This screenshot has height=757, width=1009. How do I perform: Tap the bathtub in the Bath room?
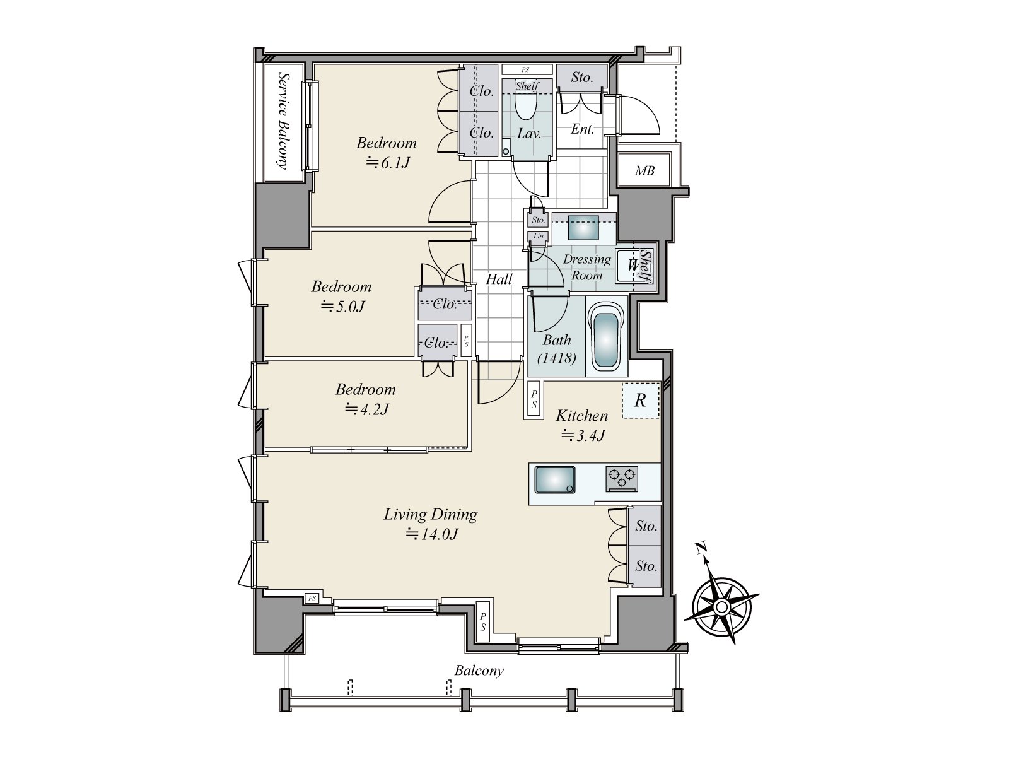[x=607, y=336]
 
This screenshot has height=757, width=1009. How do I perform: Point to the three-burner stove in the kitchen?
[x=622, y=479]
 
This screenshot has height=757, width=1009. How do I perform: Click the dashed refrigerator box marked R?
[x=640, y=401]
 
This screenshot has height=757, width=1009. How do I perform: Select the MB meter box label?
[x=644, y=171]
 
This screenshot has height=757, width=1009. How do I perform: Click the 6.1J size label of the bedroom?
[x=387, y=163]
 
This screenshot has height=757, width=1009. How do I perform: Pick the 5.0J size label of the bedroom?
[x=342, y=307]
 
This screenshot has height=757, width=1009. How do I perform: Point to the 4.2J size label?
[x=367, y=409]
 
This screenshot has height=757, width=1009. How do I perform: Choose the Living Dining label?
[x=430, y=515]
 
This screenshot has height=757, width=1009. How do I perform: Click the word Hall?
[x=499, y=279]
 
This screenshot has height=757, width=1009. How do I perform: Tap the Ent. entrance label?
[x=583, y=129]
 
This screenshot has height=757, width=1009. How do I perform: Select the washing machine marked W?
[x=632, y=266]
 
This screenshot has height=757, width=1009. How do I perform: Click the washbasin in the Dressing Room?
[x=583, y=228]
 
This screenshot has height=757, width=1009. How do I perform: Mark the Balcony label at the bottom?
[x=479, y=671]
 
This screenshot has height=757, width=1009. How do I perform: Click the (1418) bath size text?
[x=557, y=358]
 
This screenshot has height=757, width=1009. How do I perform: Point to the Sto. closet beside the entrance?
[x=582, y=77]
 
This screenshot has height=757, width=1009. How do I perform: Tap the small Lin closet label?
[x=538, y=236]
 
